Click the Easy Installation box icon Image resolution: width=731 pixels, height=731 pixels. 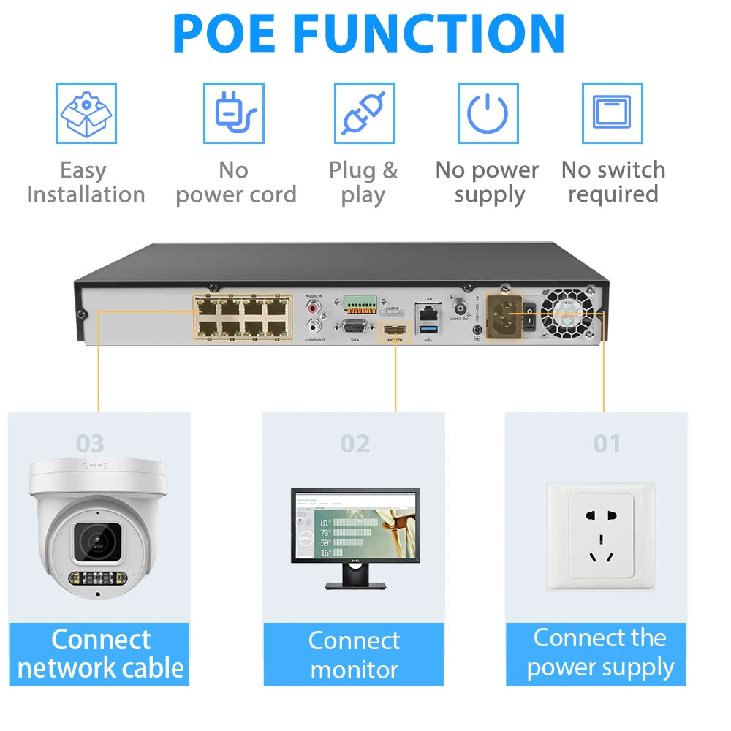[86, 113]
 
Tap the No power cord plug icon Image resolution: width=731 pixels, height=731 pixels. [234, 113]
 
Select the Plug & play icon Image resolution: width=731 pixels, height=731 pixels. [364, 113]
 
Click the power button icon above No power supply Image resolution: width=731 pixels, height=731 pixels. [488, 113]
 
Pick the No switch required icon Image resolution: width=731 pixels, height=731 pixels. [612, 113]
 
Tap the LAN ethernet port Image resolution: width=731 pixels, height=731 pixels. [428, 311]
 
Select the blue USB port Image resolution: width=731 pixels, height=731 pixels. [428, 328]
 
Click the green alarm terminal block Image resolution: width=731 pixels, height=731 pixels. [360, 303]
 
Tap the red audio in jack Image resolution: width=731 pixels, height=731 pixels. [314, 305]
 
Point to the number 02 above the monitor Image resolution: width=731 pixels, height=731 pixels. [355, 444]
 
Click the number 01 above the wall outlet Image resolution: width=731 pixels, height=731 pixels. [606, 444]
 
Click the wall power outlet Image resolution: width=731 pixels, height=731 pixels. [601, 536]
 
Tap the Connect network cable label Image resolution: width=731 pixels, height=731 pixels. [99, 654]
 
